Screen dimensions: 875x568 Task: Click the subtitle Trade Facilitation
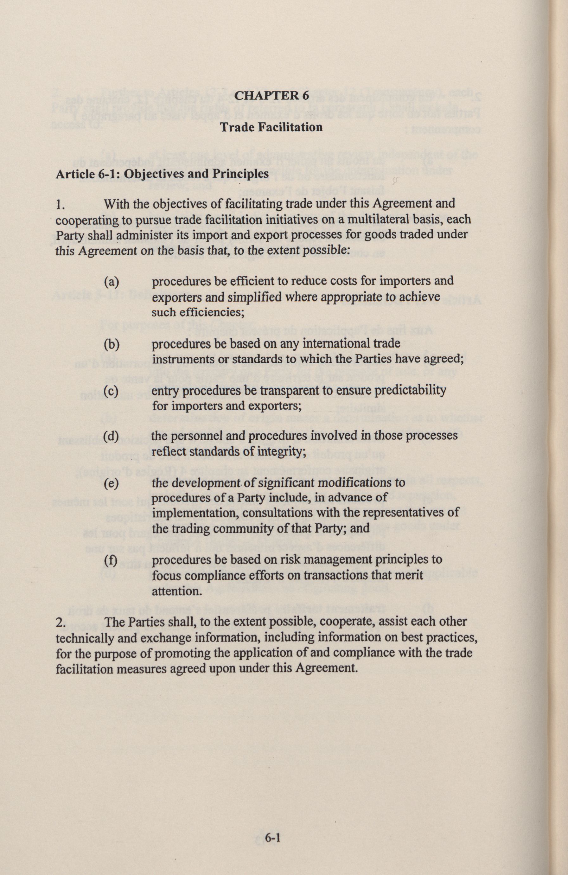(271, 127)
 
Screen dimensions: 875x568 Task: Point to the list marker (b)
(112, 344)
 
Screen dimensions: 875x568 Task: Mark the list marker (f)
(112, 560)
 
